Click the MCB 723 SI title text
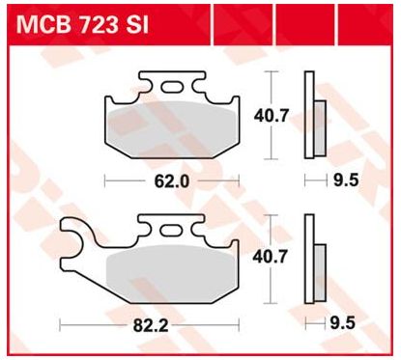[83, 25]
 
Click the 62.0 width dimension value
[172, 181]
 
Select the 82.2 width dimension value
[151, 326]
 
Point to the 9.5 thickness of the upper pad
[346, 180]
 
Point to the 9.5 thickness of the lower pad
[343, 322]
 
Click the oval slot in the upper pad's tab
[171, 87]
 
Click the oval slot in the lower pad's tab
[170, 231]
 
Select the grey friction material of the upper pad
[172, 128]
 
